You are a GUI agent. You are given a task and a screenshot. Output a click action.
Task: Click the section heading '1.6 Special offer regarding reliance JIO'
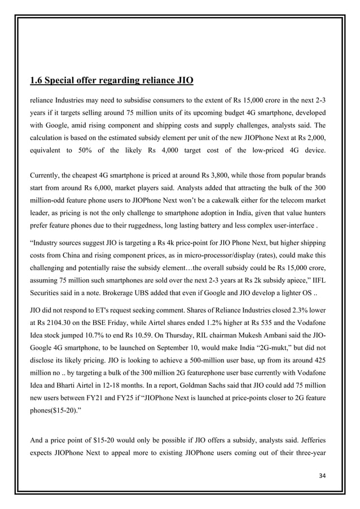pyautogui.click(x=111, y=81)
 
